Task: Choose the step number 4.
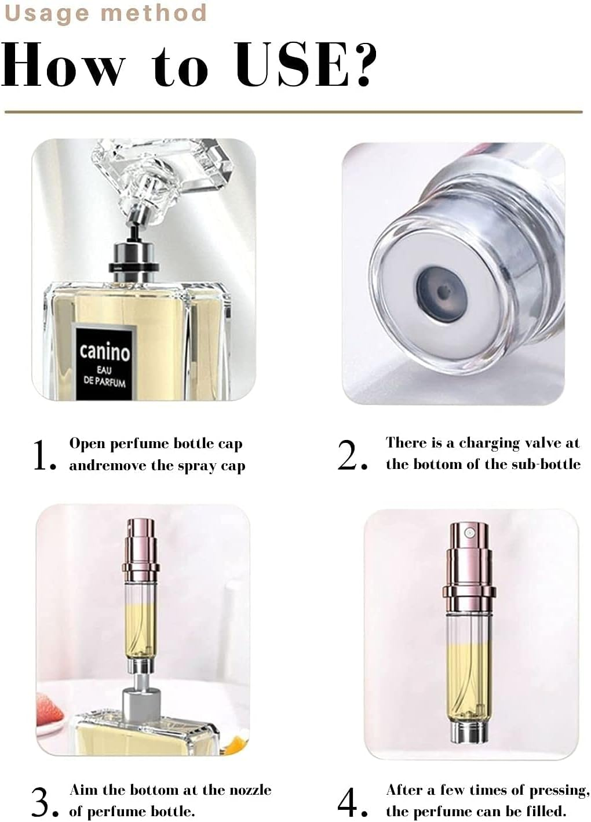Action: click(352, 802)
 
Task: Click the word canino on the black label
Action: click(105, 351)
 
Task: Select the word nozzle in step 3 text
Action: click(247, 790)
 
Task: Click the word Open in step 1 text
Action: click(87, 444)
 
